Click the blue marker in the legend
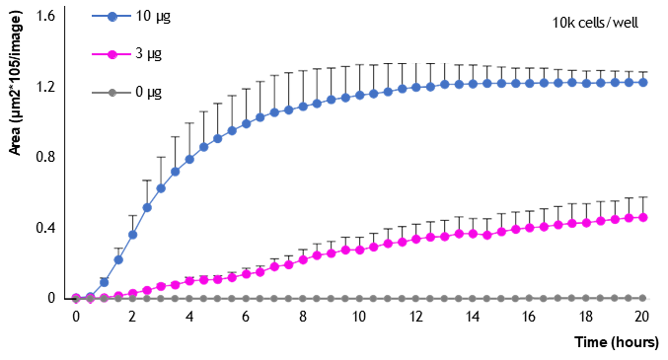click(111, 17)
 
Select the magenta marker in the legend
click(111, 54)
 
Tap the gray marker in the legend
click(111, 93)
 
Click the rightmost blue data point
click(643, 83)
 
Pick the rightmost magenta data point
click(643, 217)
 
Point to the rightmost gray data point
click(643, 298)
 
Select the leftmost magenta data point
click(76, 298)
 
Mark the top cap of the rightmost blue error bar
click(643, 71)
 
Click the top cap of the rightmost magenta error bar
click(643, 196)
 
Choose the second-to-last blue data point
click(630, 83)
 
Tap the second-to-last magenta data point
click(630, 218)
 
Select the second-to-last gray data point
click(630, 298)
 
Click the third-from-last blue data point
click(615, 83)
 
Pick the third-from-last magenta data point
click(615, 220)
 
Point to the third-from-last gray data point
click(615, 298)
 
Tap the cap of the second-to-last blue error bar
click(630, 72)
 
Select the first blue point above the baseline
click(104, 282)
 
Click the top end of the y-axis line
click(66, 7)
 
